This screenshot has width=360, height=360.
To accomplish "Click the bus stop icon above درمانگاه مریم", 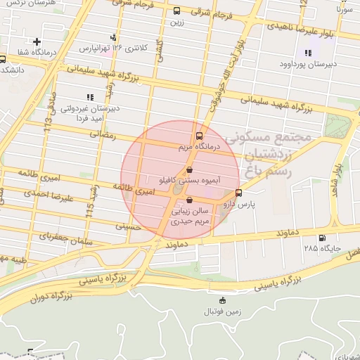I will (x=199, y=135).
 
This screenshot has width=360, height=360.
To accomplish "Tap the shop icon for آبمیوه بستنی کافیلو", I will (x=189, y=170).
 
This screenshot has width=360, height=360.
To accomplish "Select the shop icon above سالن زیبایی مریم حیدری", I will (x=188, y=200).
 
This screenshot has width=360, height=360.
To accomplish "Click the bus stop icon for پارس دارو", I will (x=239, y=193).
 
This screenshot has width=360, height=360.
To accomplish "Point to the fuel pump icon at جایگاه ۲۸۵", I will (x=322, y=238).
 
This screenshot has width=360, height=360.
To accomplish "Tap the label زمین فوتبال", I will (x=222, y=310).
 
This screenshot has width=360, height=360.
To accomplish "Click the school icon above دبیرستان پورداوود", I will (x=307, y=53).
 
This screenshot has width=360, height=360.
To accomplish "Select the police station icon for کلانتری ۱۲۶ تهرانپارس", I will (x=112, y=37).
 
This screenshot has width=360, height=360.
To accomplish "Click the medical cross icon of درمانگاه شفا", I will (x=37, y=42).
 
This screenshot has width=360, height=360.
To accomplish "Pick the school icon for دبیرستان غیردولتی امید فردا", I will (x=89, y=97).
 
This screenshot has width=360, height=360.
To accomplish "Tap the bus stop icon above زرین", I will (x=176, y=11).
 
